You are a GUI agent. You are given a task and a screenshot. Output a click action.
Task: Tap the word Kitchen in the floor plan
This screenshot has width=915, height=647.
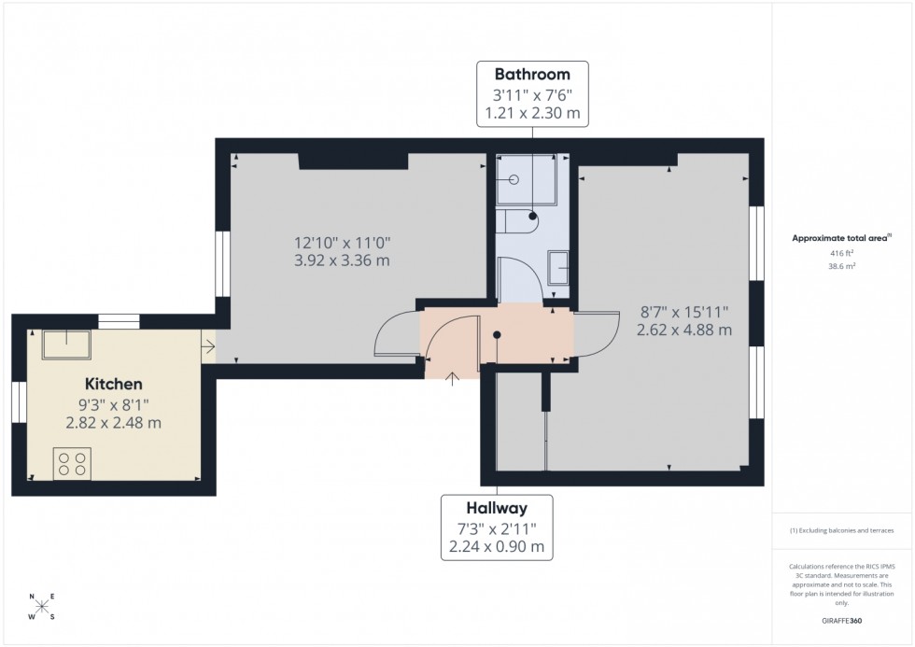pyautogui.click(x=114, y=384)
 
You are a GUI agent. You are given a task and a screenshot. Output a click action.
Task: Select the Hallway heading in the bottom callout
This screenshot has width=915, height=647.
pyautogui.click(x=497, y=508)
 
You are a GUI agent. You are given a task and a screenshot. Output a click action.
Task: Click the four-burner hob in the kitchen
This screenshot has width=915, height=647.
pyautogui.click(x=73, y=463)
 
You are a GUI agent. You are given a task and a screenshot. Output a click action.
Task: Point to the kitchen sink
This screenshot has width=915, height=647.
pyautogui.click(x=66, y=344)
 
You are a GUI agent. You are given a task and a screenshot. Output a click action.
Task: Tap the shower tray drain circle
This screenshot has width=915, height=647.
pyautogui.click(x=514, y=178)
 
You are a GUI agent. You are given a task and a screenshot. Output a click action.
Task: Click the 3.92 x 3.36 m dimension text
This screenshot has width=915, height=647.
pyautogui.click(x=341, y=260)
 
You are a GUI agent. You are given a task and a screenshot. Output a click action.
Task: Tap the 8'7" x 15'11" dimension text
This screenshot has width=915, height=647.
pyautogui.click(x=683, y=312)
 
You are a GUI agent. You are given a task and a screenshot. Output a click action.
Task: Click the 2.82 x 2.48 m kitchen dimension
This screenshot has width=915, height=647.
pyautogui.click(x=114, y=422)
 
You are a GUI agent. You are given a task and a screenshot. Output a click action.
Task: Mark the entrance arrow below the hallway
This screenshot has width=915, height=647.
pyautogui.click(x=454, y=378)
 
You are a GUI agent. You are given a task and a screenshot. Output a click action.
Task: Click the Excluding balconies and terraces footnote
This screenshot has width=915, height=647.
pyautogui.click(x=842, y=530)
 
